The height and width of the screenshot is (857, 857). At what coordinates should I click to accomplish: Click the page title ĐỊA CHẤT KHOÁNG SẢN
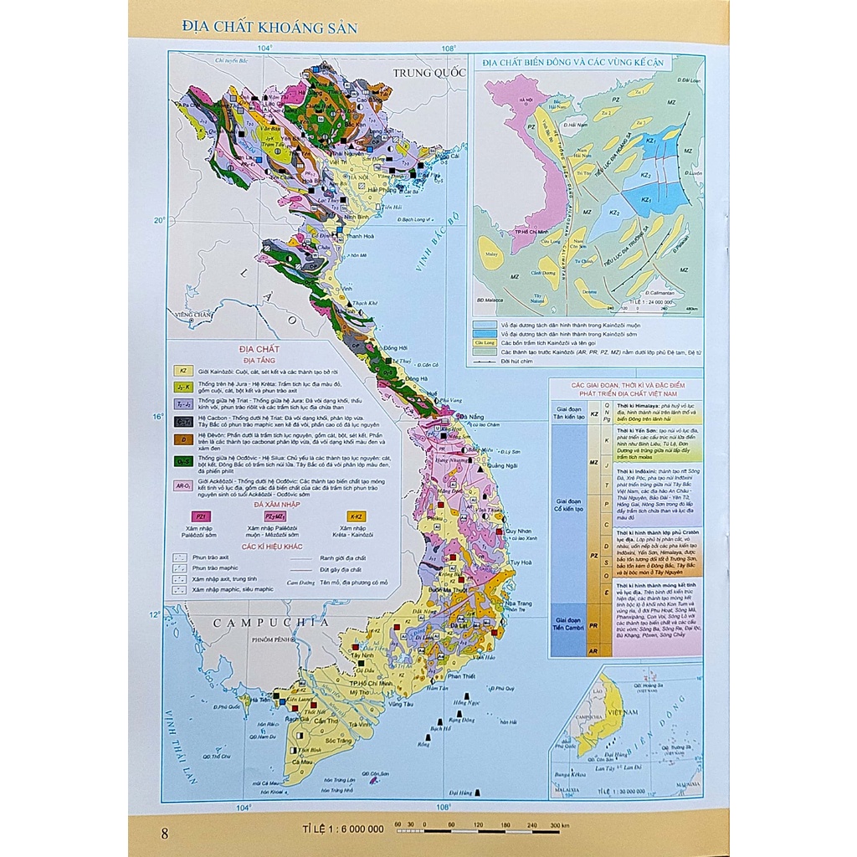[x=269, y=28]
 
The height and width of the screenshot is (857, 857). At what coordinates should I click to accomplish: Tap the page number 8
[x=164, y=833]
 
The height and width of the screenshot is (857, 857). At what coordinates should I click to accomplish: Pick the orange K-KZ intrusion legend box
[x=355, y=517]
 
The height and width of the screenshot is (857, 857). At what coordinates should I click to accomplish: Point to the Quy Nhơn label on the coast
[x=519, y=531]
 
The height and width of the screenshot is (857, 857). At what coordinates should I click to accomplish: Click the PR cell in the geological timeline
[x=593, y=625]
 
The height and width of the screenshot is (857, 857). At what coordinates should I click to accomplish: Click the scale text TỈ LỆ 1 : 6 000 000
[x=343, y=829]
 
